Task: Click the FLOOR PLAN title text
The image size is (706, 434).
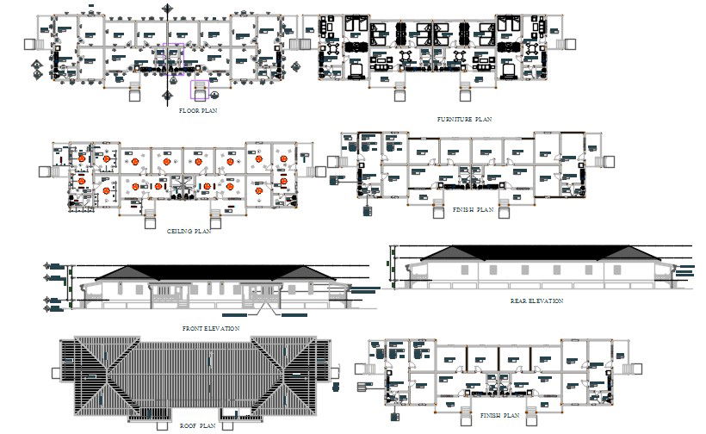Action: point(198,111)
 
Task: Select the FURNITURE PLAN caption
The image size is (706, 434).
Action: point(463,119)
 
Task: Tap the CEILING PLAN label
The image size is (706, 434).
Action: point(189,231)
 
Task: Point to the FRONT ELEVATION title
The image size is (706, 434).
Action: point(211,328)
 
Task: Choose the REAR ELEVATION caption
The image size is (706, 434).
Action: point(536,301)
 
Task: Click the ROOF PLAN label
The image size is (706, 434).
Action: point(198,425)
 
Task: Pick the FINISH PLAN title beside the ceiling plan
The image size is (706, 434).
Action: point(473,209)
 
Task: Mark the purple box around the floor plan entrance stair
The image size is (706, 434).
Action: point(201,90)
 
